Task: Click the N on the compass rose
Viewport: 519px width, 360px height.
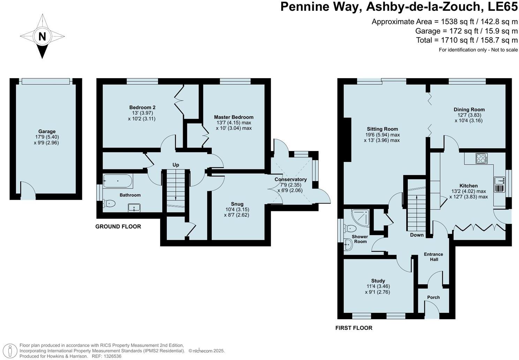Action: pos(42,37)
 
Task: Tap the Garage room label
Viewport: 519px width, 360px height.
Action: pos(47,132)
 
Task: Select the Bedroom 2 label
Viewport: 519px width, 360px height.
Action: pos(142,107)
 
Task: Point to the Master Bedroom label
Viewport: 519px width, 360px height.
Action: pos(234,117)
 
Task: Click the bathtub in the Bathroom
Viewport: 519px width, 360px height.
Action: pos(118,181)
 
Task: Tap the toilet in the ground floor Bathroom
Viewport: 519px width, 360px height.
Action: pos(109,204)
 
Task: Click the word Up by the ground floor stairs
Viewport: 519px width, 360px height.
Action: pos(176,165)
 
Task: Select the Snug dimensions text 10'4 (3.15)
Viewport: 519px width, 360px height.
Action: pos(237,209)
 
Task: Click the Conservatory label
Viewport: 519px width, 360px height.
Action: pos(291,179)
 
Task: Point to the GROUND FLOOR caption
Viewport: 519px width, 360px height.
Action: pos(118,226)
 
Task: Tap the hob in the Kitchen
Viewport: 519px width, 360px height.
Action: pos(481,158)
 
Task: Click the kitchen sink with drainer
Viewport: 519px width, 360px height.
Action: pos(499,185)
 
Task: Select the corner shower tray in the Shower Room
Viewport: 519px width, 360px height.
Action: pos(360,218)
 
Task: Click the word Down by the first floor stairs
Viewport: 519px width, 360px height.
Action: pos(417,235)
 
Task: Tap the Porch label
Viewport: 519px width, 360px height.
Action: pos(433,297)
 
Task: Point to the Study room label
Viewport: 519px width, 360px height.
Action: pos(378,281)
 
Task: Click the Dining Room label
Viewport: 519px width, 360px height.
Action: pos(469,110)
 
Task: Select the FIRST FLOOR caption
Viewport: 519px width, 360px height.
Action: pos(354,328)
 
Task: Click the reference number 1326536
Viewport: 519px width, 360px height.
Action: pos(112,356)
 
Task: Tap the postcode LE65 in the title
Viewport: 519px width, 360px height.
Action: pos(503,7)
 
